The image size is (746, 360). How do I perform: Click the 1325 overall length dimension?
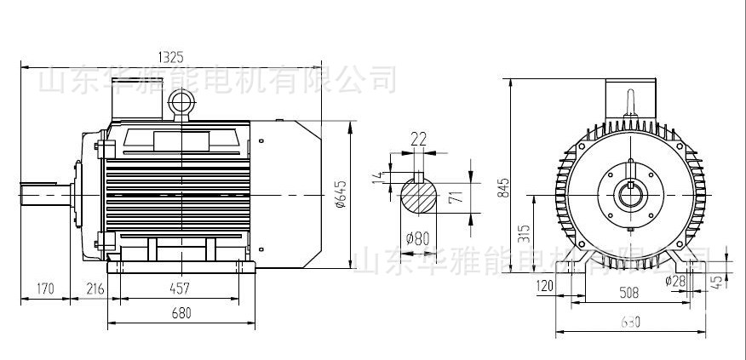click(170, 57)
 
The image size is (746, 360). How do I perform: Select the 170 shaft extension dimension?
click(45, 289)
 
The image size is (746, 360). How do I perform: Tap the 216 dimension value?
click(95, 289)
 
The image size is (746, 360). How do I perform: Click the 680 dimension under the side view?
click(181, 312)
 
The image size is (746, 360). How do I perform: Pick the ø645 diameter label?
click(342, 195)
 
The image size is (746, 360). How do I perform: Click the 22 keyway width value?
click(418, 140)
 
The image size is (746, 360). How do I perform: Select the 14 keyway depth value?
click(379, 176)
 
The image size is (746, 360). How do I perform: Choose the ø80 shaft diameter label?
click(417, 238)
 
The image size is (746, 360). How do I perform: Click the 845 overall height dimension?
click(503, 186)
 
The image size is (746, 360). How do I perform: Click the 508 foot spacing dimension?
click(628, 294)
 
